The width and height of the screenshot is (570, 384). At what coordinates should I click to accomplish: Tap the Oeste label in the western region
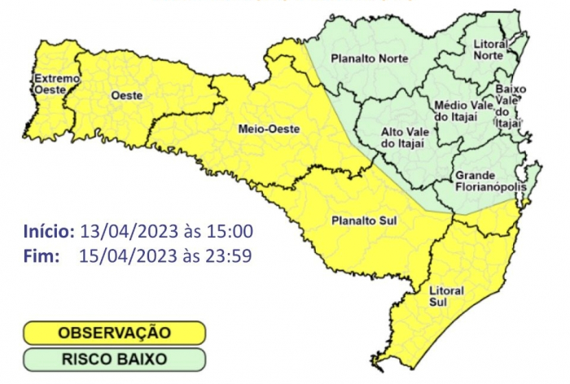pyautogui.click(x=126, y=96)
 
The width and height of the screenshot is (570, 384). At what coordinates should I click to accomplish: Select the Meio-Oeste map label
pyautogui.click(x=257, y=129)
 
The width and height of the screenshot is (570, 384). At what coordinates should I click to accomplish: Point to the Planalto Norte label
pyautogui.click(x=370, y=58)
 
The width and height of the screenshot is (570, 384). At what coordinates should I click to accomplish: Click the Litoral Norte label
pyautogui.click(x=490, y=48)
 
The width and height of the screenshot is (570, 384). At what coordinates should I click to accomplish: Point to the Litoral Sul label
pyautogui.click(x=445, y=296)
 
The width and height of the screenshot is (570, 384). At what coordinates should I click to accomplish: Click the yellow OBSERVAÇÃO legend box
pyautogui.click(x=114, y=333)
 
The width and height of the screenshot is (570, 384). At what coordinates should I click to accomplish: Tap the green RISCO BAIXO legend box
pyautogui.click(x=114, y=359)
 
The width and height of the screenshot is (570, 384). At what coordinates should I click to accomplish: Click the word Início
pyautogui.click(x=49, y=231)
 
